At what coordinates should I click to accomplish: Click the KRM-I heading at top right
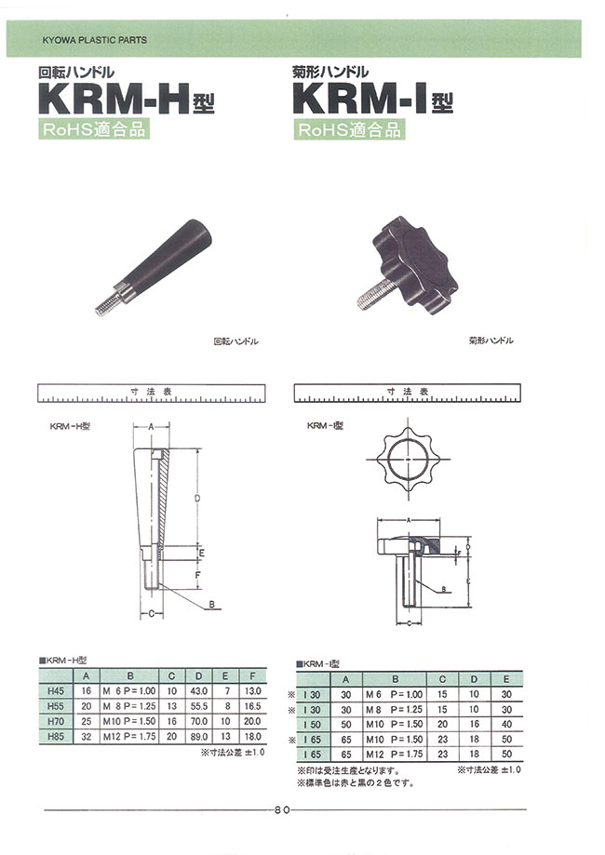(x=372, y=99)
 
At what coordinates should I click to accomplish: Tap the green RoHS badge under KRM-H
(x=92, y=130)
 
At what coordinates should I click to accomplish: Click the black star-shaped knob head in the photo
(x=410, y=251)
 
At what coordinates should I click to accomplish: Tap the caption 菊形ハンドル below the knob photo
(x=491, y=341)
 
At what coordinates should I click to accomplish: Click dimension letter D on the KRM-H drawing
(x=197, y=499)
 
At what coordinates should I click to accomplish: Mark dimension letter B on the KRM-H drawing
(x=212, y=605)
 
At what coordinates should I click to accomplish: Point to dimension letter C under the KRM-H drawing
(x=151, y=614)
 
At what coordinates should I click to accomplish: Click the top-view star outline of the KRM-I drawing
(x=409, y=461)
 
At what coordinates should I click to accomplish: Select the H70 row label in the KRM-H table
(x=54, y=720)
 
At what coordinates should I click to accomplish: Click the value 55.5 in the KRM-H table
(x=198, y=706)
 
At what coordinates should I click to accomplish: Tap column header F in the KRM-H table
(x=250, y=676)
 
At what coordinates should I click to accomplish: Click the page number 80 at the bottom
(x=282, y=809)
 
